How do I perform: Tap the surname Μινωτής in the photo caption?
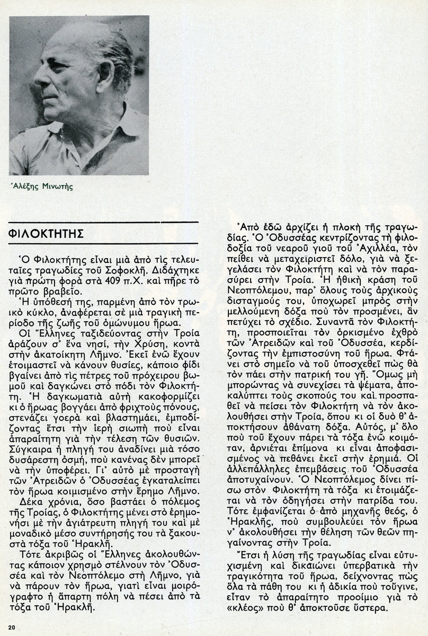(x=60, y=186)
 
